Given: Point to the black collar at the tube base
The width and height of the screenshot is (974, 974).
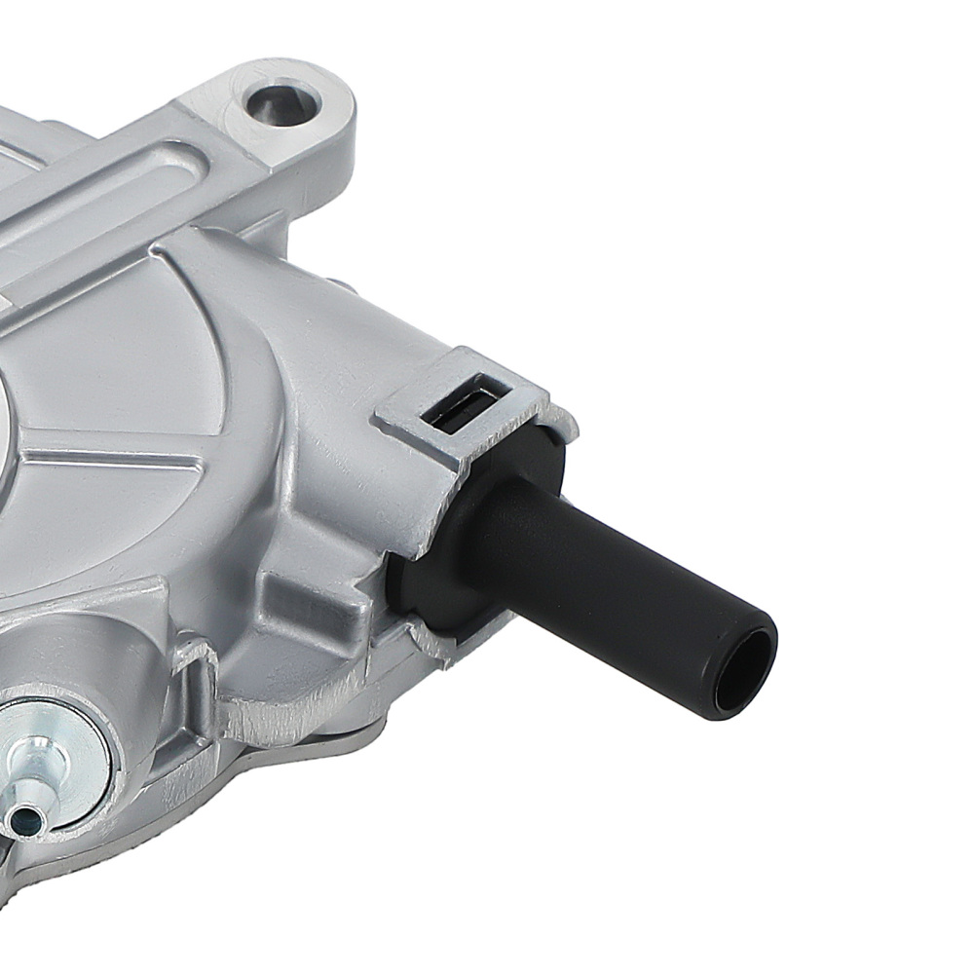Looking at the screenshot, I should point(458,545).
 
